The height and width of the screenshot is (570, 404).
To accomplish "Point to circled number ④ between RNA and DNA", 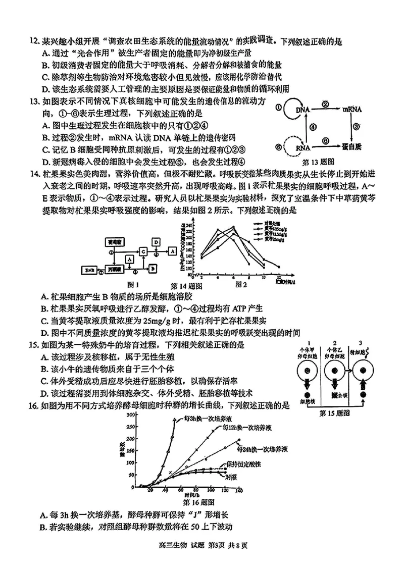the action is (313, 128).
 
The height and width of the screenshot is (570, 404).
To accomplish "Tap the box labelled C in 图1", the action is (143, 251).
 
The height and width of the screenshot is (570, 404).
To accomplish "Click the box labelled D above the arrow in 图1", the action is (156, 243).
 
